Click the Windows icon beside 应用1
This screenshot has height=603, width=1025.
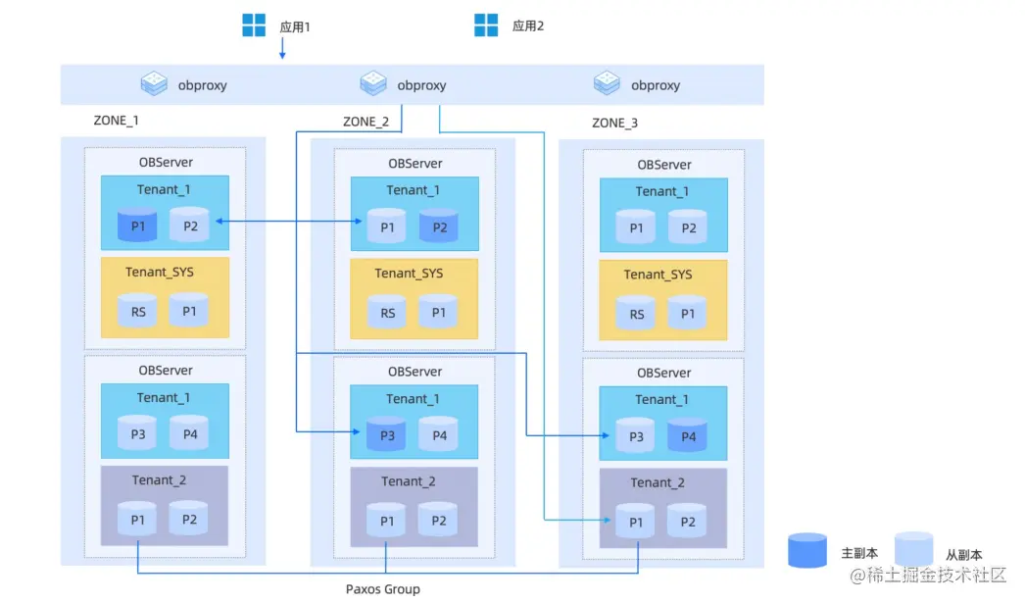click(254, 25)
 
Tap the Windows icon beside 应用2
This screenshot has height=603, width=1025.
click(486, 25)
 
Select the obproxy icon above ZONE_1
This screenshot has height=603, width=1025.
click(154, 83)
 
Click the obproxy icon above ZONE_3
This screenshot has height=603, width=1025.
click(607, 83)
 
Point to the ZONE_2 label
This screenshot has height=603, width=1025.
click(366, 122)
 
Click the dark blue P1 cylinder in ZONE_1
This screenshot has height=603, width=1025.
click(137, 225)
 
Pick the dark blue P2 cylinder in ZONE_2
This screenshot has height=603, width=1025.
click(439, 226)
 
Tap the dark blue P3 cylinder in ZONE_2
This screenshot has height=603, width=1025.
click(386, 433)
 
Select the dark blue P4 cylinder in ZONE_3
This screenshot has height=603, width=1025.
click(687, 435)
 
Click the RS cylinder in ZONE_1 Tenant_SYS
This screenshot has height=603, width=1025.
click(137, 310)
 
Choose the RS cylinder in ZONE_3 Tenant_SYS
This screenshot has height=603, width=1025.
click(636, 312)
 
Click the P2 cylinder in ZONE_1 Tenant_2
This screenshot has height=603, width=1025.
click(189, 518)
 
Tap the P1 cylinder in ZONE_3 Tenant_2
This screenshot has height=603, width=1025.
click(635, 521)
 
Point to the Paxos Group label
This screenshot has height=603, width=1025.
click(383, 589)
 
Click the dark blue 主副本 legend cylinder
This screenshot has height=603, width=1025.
click(807, 550)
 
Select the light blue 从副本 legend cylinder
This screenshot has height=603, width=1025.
click(914, 548)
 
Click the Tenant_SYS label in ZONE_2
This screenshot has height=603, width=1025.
click(409, 274)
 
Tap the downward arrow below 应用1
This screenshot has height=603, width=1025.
click(282, 48)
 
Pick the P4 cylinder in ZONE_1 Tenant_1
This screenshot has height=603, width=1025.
click(189, 432)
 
